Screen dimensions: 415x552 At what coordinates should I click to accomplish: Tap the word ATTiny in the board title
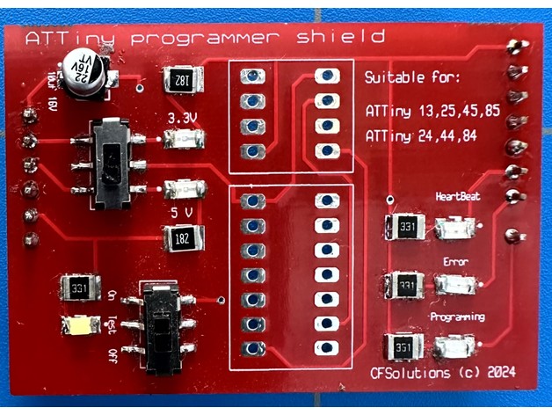54,38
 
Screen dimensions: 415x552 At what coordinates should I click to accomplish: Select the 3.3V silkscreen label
183,118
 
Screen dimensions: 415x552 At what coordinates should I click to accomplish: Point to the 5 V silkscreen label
183,212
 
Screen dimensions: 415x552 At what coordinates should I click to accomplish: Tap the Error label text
455,261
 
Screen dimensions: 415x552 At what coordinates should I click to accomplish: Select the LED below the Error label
456,285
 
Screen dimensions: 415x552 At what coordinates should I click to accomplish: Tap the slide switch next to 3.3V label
113,164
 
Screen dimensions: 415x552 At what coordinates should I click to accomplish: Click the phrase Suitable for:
411,79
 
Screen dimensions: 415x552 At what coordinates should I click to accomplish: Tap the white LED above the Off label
79,325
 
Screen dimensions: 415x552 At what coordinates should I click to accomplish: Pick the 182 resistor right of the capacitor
184,81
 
